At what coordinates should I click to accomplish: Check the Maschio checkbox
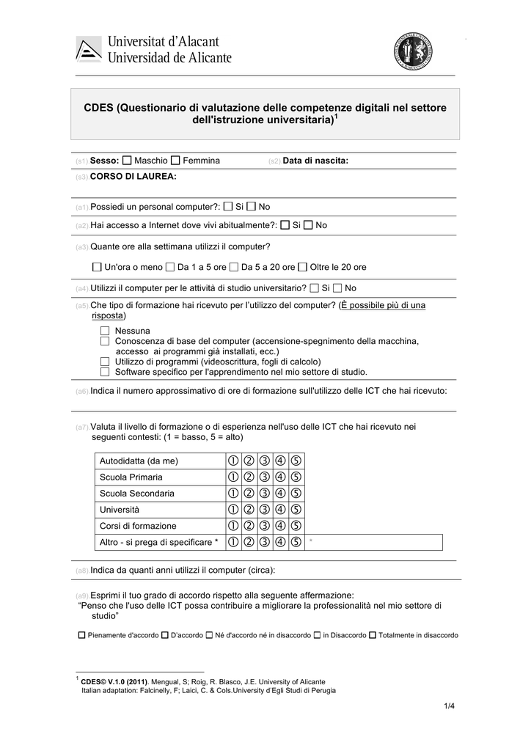(x=128, y=161)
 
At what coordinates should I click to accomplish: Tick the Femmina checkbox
(x=176, y=161)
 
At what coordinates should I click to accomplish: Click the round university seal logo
(x=413, y=51)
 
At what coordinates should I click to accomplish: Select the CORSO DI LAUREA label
(x=133, y=177)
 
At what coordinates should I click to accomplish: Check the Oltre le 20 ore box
(x=303, y=267)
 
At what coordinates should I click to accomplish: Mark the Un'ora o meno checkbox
(x=98, y=267)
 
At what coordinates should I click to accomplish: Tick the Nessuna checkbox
(x=105, y=331)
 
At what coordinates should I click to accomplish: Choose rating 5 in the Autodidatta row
(x=296, y=461)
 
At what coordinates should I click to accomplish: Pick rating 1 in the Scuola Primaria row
(x=232, y=477)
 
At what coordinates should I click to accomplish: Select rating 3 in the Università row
(x=264, y=509)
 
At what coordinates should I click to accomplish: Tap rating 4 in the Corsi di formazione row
(x=280, y=526)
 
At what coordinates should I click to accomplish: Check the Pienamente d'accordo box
(x=81, y=635)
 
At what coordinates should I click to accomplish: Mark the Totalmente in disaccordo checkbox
(x=373, y=635)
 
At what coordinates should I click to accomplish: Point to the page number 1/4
(x=449, y=706)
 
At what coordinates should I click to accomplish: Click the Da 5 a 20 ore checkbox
(x=234, y=267)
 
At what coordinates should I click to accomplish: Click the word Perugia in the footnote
(x=322, y=690)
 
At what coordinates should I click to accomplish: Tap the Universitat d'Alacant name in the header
(x=164, y=43)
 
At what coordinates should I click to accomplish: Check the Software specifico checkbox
(x=105, y=372)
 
